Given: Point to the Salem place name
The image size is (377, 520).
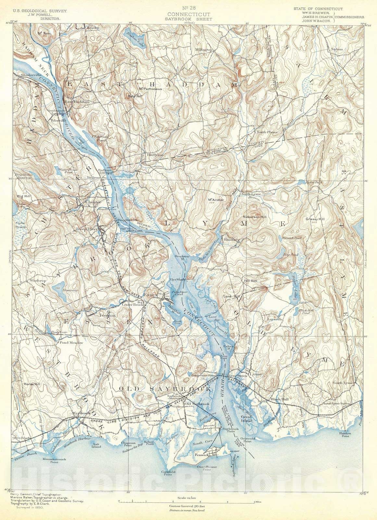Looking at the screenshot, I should point(338,49).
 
